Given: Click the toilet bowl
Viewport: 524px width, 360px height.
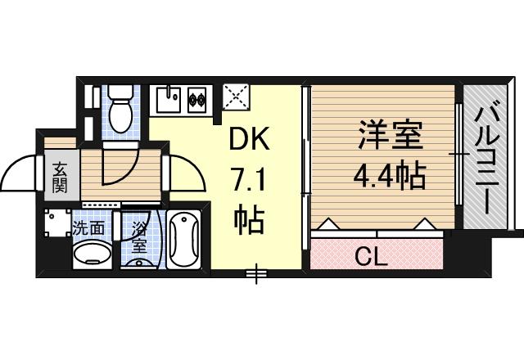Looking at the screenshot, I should point(119,115).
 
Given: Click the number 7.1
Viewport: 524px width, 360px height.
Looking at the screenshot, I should point(246,179).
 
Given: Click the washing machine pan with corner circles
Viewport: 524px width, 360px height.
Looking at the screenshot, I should point(56,224).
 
